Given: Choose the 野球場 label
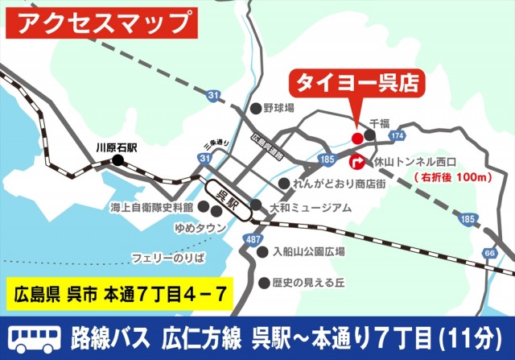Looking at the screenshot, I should pyautogui.click(x=278, y=107).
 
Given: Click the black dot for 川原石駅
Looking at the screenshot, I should pyautogui.click(x=118, y=159).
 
